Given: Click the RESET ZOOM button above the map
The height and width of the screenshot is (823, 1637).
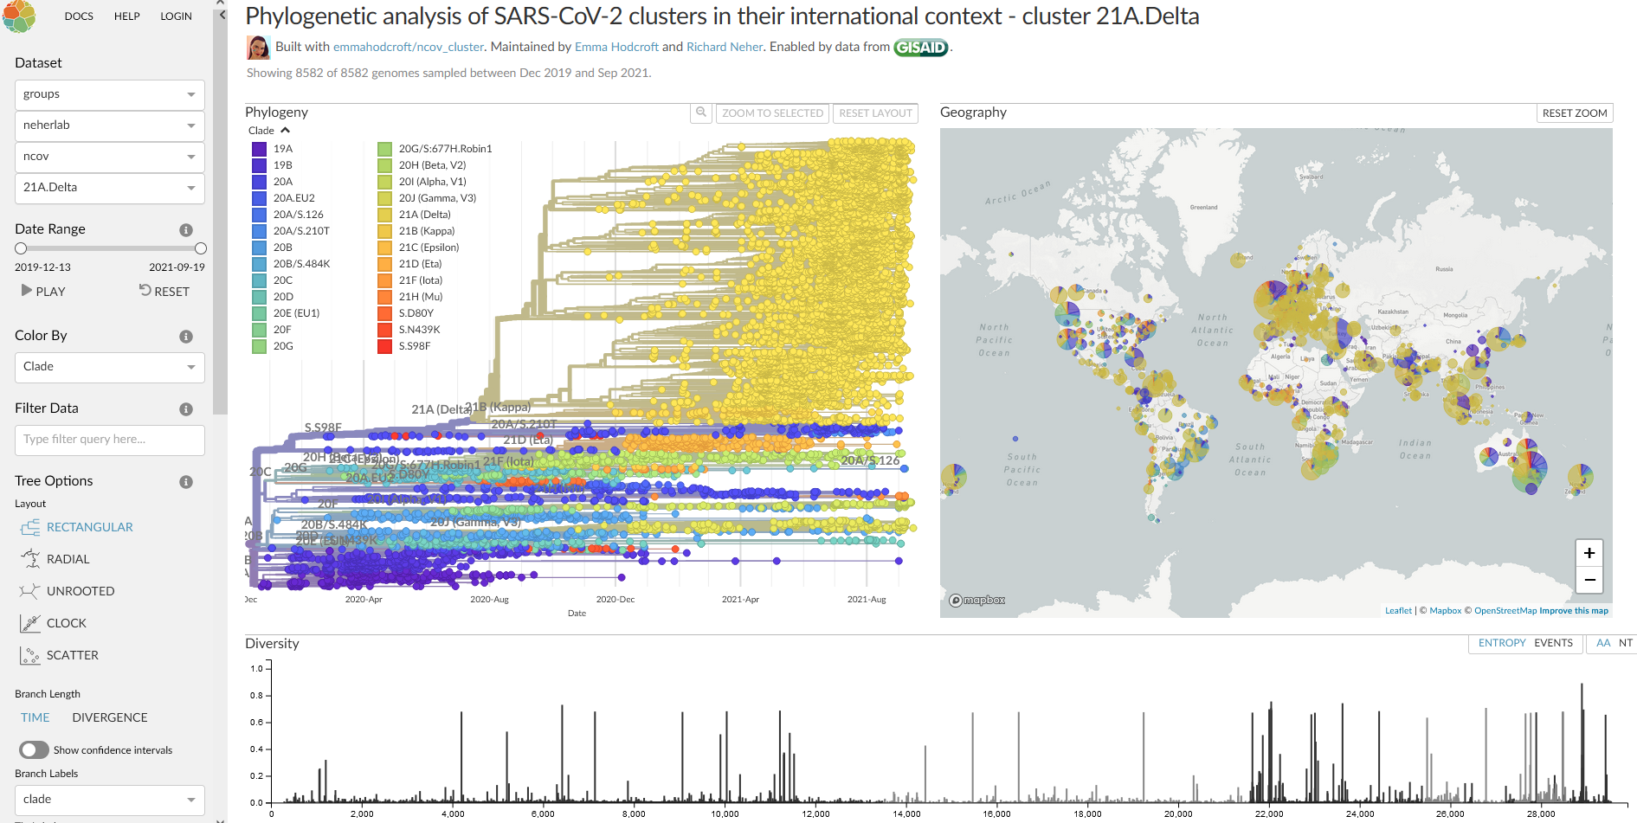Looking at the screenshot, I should (x=1574, y=113).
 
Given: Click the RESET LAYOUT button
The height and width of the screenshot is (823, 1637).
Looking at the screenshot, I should (x=875, y=113).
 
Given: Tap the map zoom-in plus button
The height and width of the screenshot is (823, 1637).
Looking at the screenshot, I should (x=1589, y=553).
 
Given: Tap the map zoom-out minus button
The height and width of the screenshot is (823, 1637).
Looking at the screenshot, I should (x=1589, y=580).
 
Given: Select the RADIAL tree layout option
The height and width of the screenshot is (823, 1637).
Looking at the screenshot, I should (x=68, y=559).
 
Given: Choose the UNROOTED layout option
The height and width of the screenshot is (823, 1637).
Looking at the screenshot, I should (x=80, y=591).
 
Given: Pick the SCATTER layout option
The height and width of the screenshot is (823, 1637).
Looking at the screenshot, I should (x=72, y=655).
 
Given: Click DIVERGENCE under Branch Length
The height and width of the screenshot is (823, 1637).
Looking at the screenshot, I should (x=110, y=717).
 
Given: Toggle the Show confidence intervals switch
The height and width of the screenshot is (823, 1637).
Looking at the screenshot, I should (x=35, y=749).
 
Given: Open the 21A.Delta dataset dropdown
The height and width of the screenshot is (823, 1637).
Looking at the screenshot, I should (x=109, y=188).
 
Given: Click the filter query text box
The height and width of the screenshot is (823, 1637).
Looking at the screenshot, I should (x=109, y=440).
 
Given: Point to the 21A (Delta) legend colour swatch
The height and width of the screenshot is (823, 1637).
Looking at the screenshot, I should (x=384, y=215).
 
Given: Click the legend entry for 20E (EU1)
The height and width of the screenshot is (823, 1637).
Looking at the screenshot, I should (x=296, y=313).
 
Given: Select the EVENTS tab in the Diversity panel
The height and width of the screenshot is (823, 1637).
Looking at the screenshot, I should (x=1553, y=643).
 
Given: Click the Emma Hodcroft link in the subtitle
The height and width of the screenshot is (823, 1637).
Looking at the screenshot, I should (x=616, y=47).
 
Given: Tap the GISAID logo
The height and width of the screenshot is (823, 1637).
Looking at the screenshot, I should (x=920, y=48).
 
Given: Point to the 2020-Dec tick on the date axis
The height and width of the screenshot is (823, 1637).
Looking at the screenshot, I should (x=615, y=599).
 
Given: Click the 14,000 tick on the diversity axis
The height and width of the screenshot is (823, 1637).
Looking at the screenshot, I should (x=906, y=813).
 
